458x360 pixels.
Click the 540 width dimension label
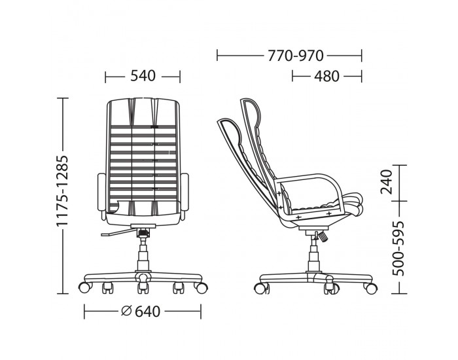click(143, 76)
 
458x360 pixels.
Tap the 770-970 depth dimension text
click(296, 56)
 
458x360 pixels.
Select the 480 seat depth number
click(326, 77)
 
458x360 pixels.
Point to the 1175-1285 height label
click(62, 190)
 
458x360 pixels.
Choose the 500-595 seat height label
click(398, 248)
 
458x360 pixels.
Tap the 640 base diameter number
click(147, 312)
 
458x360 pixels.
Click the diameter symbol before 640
click(126, 311)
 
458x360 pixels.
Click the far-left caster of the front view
click(84, 287)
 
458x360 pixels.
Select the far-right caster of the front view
click(202, 287)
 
